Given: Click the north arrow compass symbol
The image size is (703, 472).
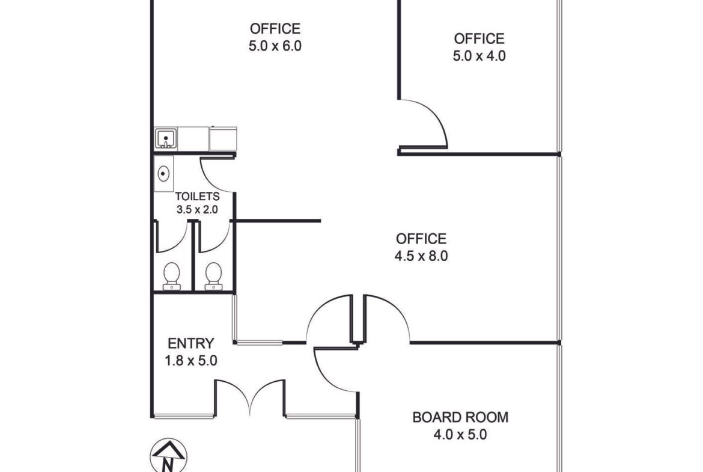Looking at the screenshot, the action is click(x=169, y=455).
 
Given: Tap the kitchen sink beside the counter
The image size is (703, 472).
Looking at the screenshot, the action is click(x=166, y=138).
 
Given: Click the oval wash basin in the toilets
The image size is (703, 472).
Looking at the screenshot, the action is click(x=163, y=173).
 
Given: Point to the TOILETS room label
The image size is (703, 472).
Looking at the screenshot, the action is click(x=197, y=197).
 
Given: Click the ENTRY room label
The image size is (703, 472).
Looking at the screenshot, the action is click(x=191, y=343).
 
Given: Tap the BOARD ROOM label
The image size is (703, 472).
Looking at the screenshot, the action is click(x=460, y=417).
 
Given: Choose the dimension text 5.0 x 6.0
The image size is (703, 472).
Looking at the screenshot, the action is click(x=275, y=46).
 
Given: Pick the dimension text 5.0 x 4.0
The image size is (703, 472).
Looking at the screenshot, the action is click(x=479, y=56).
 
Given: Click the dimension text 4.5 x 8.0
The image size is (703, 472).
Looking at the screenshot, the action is click(x=421, y=256).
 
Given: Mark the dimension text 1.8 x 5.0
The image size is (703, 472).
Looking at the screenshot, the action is click(x=191, y=360).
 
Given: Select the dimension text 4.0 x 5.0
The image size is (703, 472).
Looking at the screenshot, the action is click(x=460, y=434).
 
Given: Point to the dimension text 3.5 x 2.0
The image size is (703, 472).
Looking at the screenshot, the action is click(x=197, y=209).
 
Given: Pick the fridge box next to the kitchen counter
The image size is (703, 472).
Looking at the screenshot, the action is click(x=223, y=139).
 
